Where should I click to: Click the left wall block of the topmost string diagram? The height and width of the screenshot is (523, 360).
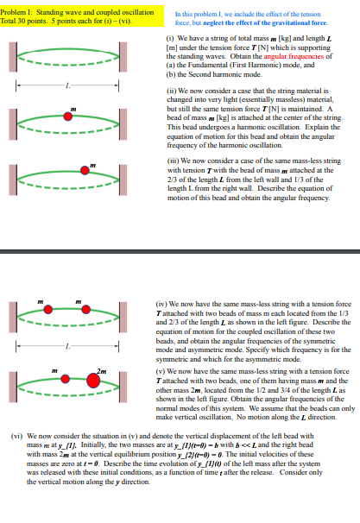click(18, 61)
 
